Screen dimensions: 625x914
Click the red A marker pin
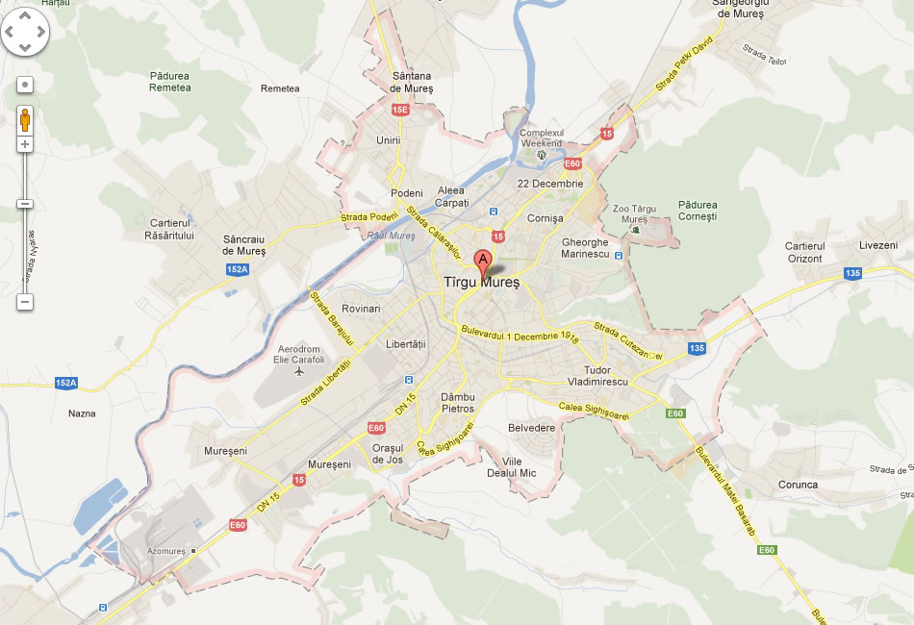(x=482, y=260)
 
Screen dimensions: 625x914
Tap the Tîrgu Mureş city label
(x=481, y=283)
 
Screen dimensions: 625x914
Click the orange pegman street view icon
(x=25, y=120)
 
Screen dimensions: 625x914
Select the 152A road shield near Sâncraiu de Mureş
(x=238, y=270)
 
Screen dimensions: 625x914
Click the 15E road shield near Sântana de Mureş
(x=400, y=111)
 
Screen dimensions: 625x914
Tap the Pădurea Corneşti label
(x=698, y=211)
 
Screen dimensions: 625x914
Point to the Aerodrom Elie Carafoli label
(x=300, y=354)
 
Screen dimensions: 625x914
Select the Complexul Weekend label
(x=542, y=137)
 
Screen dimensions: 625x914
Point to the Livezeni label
(x=877, y=245)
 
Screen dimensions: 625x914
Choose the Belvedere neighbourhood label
(x=532, y=428)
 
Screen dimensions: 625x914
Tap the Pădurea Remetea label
(x=170, y=82)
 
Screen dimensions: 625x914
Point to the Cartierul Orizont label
(x=805, y=253)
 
